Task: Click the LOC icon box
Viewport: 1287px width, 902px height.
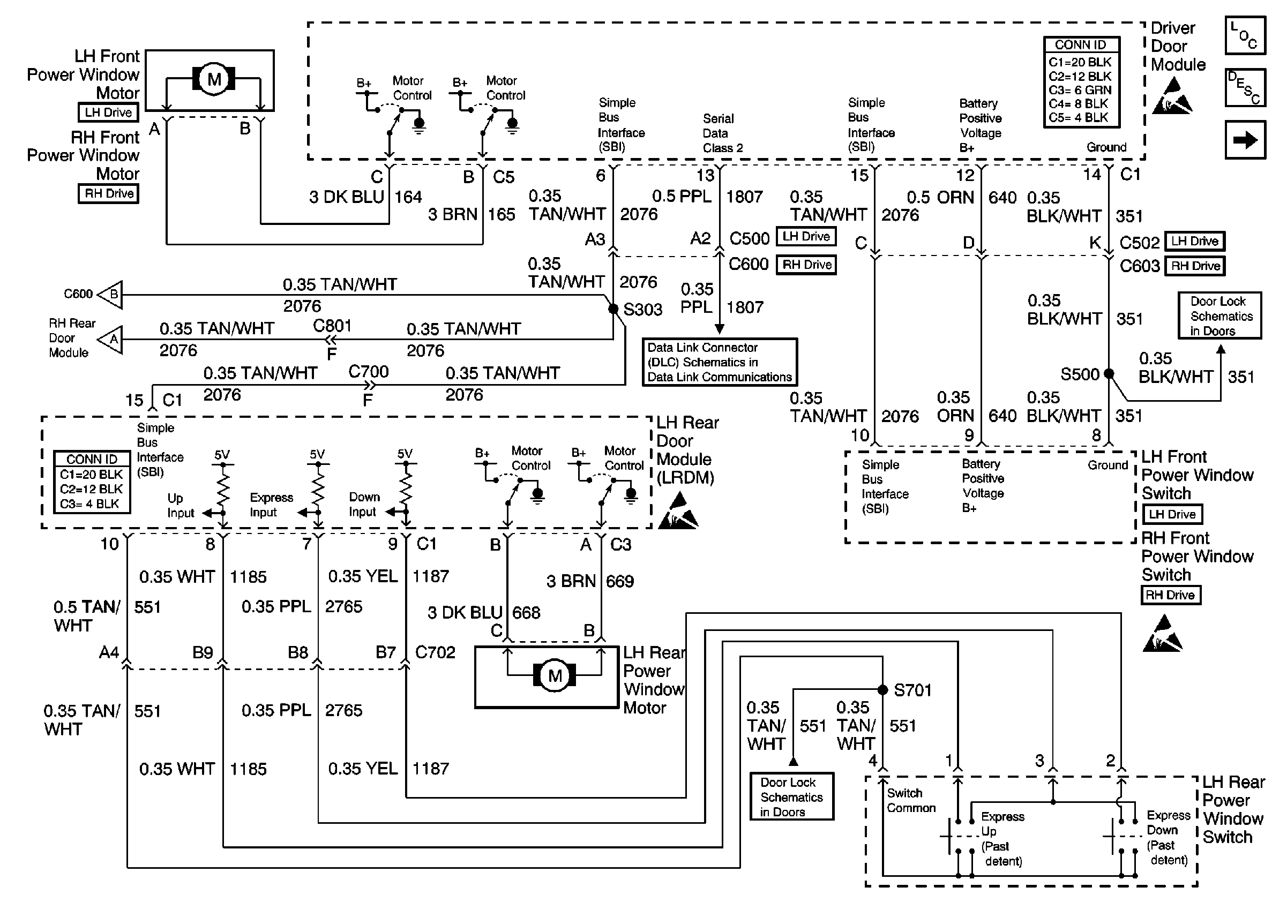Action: pos(1245,35)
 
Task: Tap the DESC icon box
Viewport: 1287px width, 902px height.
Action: pos(1245,88)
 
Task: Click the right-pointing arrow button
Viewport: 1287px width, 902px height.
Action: pos(1245,140)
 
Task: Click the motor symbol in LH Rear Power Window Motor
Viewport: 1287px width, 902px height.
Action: pos(555,675)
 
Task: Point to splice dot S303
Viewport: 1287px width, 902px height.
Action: pos(613,308)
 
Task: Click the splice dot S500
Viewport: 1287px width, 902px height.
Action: pos(1109,374)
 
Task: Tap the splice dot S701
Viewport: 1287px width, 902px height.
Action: pos(883,690)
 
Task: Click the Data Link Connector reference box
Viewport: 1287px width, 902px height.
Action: pos(720,362)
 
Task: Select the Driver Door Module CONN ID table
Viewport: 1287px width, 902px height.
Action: pos(1081,82)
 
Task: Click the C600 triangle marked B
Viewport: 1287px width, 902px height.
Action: pos(110,294)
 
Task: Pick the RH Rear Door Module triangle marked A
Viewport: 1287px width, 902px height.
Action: pos(110,339)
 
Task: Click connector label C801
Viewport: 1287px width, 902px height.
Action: pos(332,326)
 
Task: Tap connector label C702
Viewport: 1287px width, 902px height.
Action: pos(436,652)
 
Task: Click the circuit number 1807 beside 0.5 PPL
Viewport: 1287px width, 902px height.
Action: pos(744,197)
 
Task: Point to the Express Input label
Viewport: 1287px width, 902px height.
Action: pos(271,505)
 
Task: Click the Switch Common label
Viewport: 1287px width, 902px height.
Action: pos(911,801)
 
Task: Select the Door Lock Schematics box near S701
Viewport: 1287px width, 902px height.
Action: pos(792,796)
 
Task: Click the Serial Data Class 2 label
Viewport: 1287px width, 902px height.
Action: pos(723,133)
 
